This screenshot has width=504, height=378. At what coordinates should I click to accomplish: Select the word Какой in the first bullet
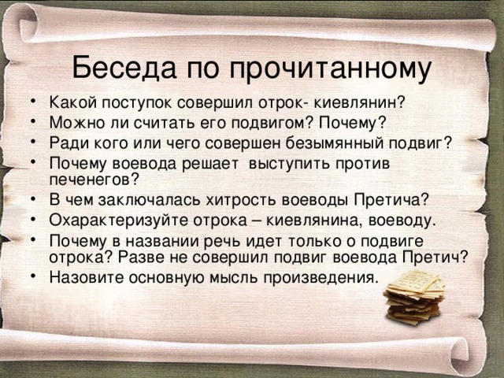(x=72, y=102)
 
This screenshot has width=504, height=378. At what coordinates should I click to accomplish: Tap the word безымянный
(x=335, y=143)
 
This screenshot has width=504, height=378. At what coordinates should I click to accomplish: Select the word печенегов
(x=94, y=180)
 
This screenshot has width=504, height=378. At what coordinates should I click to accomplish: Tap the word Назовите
(x=87, y=277)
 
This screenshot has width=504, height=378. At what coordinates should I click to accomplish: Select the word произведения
(x=321, y=278)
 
